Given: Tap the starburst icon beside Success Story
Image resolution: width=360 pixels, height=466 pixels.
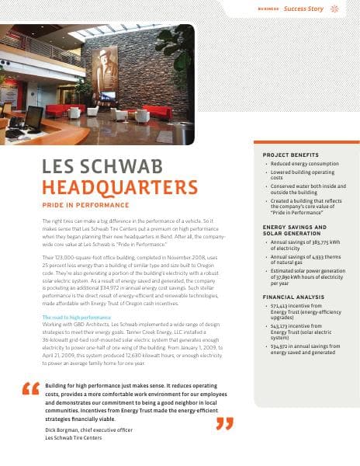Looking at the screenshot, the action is pos(334,9).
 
